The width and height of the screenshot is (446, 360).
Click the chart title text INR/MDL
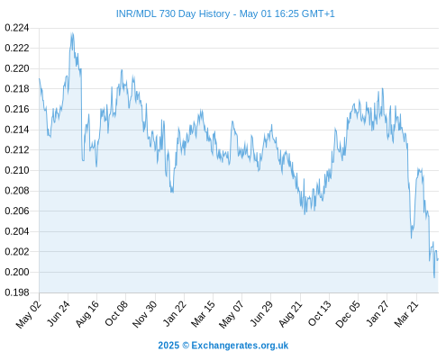tap(136, 13)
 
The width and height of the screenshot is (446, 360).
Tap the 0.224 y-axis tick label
tap(17, 28)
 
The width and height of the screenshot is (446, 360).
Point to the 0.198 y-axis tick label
tap(17, 292)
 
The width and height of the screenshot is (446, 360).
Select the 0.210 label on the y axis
tap(17, 170)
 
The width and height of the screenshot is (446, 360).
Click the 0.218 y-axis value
tap(17, 89)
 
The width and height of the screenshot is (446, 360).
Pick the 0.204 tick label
tap(17, 231)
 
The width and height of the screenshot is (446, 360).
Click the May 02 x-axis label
tap(29, 314)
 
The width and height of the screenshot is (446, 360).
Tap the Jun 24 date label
tap(59, 313)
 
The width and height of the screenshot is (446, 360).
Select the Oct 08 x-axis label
tap(116, 313)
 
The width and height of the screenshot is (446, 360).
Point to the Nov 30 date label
tap(144, 314)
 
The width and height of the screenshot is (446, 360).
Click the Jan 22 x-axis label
tap(174, 313)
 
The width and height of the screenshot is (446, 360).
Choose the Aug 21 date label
tap(290, 314)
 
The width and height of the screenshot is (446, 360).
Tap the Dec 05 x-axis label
tap(348, 314)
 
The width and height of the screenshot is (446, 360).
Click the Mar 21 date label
tap(406, 314)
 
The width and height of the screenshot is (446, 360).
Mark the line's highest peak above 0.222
tap(72, 32)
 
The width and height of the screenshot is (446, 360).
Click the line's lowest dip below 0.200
tap(434, 277)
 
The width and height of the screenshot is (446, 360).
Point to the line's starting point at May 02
tap(39, 78)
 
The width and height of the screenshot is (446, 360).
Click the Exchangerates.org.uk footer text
tap(240, 346)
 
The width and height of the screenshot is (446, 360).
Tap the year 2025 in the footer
tap(168, 346)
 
